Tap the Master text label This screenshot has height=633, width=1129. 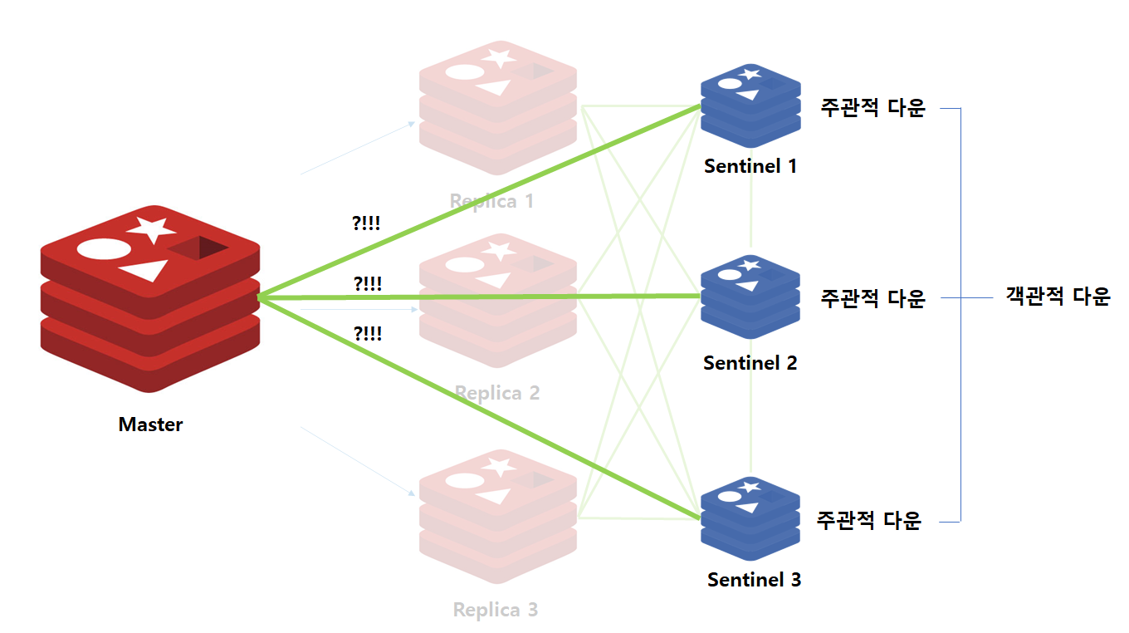point(150,424)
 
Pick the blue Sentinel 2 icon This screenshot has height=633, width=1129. point(750,297)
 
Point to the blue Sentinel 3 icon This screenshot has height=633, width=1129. point(750,518)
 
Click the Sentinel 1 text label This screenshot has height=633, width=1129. point(750,166)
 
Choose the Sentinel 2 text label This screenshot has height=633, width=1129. point(750,363)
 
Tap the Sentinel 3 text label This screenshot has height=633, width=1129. point(754,580)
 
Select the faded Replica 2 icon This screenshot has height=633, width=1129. point(498,301)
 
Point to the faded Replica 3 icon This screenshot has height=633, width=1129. point(498,515)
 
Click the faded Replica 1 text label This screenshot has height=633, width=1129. point(491,201)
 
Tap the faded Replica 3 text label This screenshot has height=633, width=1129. point(496,611)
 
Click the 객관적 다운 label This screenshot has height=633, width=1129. point(1058,297)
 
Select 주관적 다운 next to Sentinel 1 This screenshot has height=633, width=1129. point(872,108)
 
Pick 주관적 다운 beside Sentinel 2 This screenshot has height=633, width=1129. point(872,298)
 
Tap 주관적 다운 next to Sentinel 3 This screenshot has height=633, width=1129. point(869,521)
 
